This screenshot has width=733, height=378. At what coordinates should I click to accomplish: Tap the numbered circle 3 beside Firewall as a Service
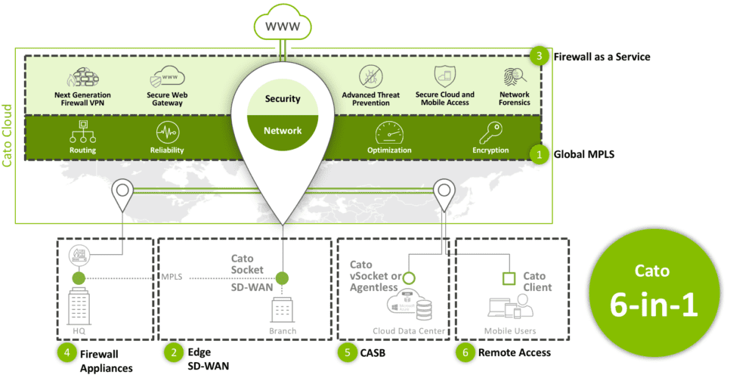click(x=538, y=57)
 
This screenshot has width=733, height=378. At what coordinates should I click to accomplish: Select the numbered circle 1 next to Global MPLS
click(x=538, y=154)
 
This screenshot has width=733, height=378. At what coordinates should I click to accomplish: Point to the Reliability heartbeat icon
click(x=168, y=133)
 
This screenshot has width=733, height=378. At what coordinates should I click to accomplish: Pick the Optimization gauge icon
click(x=390, y=132)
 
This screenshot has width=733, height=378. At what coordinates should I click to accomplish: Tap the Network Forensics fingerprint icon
click(x=514, y=78)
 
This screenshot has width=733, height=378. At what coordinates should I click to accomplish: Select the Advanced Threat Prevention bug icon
click(x=371, y=77)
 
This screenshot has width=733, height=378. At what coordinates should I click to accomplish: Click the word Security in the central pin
click(x=283, y=99)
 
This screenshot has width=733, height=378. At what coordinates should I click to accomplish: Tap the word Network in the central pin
click(x=283, y=131)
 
